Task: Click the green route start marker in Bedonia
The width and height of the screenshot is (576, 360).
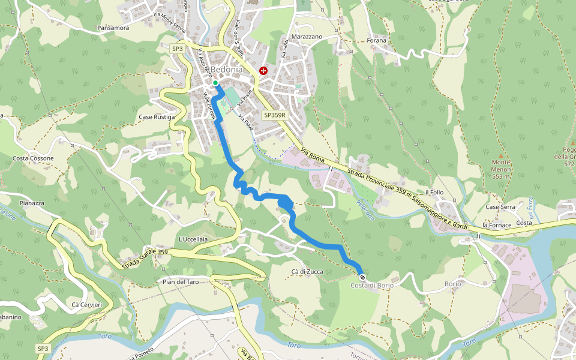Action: click(215, 83)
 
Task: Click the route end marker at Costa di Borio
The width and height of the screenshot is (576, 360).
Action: click(362, 277)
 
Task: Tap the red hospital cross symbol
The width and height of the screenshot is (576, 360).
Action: click(263, 71)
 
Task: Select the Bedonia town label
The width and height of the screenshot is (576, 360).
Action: click(226, 70)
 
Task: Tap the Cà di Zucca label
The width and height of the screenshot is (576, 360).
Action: click(307, 272)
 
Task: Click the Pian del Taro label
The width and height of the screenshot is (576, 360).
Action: click(180, 281)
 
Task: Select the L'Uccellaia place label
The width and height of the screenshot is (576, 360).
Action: click(193, 239)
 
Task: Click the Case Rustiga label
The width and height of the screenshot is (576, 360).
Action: click(157, 117)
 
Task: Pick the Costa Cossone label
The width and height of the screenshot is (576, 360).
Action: click(33, 158)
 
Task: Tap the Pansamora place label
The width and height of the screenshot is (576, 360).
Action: click(113, 28)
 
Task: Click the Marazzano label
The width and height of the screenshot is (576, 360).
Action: click(307, 37)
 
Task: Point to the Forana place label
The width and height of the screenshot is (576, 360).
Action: click(377, 41)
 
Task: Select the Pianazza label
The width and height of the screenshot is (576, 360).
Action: click(32, 203)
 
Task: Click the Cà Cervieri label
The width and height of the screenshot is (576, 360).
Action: click(86, 305)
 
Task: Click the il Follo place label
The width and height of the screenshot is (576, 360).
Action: click(434, 192)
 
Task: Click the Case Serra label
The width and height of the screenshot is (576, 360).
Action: click(500, 207)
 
